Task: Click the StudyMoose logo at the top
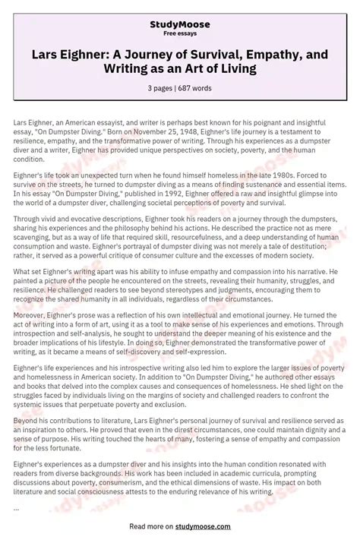180,25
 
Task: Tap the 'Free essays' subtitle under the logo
180,34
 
